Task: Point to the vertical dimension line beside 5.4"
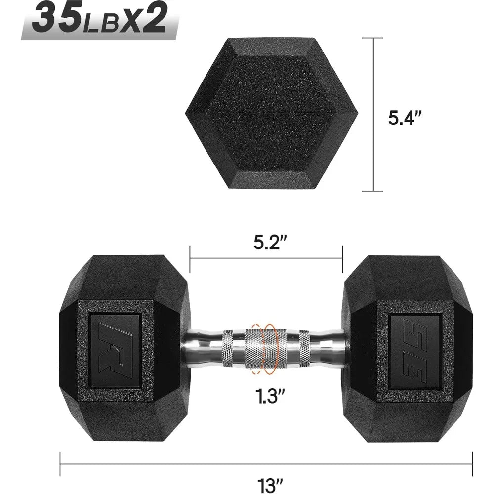click(373, 113)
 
